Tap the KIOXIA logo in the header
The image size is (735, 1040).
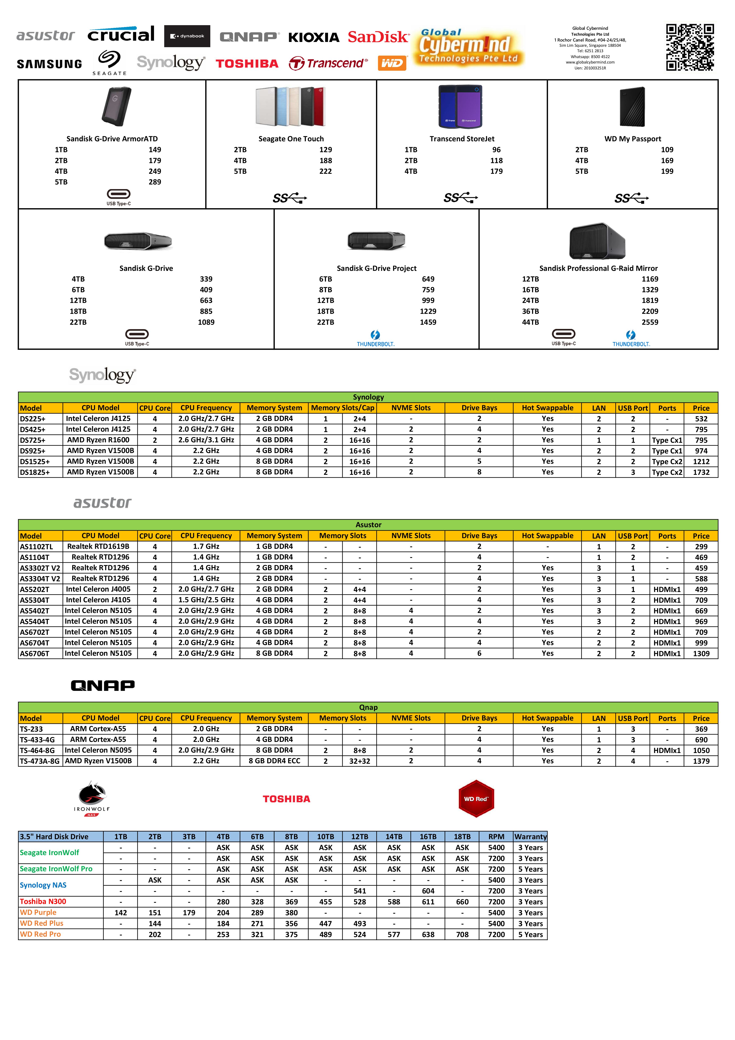pos(314,37)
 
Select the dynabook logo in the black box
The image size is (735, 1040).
pos(187,36)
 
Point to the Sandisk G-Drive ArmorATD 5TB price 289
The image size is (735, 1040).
pos(155,182)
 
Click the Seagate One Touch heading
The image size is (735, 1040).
pos(291,139)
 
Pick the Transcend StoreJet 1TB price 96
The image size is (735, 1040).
pos(496,149)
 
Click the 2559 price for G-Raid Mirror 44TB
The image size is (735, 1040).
pos(650,322)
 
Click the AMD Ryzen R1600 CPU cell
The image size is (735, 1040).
pos(98,440)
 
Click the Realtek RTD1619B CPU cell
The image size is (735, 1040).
pos(98,546)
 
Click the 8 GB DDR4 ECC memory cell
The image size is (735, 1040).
pos(274,761)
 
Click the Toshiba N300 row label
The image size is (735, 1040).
pos(43,901)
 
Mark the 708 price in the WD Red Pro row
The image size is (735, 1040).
pos(462,934)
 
